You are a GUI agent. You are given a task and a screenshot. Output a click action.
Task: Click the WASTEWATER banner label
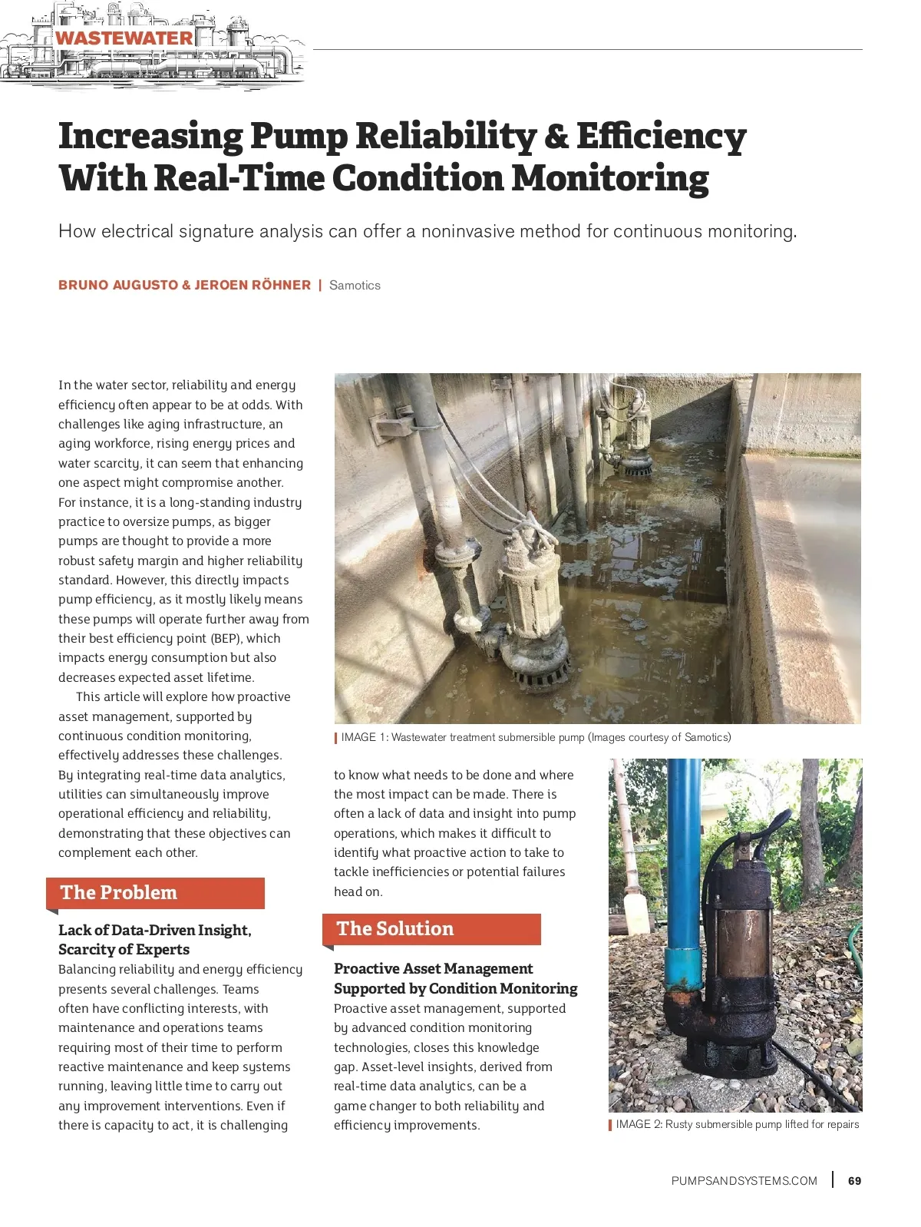pyautogui.click(x=124, y=38)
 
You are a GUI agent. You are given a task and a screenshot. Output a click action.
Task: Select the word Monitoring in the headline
pyautogui.click(x=610, y=178)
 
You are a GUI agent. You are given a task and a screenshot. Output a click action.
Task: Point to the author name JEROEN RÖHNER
pyautogui.click(x=253, y=285)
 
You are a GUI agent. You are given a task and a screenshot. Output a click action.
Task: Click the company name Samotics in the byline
pyautogui.click(x=355, y=285)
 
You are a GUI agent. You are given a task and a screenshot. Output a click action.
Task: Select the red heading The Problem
pyautogui.click(x=119, y=892)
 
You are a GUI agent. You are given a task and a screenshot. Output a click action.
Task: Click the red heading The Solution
pyautogui.click(x=395, y=928)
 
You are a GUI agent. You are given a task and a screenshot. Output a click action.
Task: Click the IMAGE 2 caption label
pyautogui.click(x=639, y=1124)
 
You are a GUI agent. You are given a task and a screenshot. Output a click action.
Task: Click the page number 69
pyautogui.click(x=854, y=1181)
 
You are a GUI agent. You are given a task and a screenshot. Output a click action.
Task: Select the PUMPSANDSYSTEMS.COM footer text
pyautogui.click(x=744, y=1181)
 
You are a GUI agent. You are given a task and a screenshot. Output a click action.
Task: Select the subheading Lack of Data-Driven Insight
pyautogui.click(x=155, y=930)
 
